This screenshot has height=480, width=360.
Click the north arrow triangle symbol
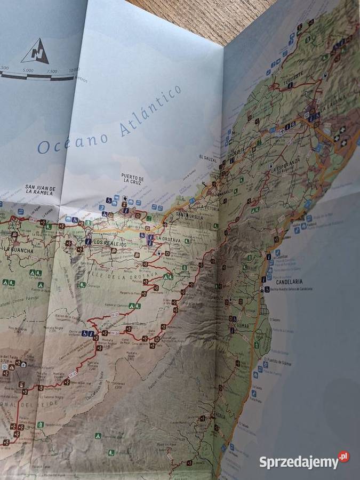(x=35, y=52)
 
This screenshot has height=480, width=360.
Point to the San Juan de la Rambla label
(x=40, y=190)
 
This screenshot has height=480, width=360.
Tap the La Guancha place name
(x=19, y=250)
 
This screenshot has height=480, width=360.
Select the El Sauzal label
(x=208, y=157)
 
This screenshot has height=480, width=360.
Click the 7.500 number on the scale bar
(x=52, y=71)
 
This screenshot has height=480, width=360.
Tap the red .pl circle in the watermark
(x=343, y=457)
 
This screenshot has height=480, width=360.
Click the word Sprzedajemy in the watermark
(x=298, y=462)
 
